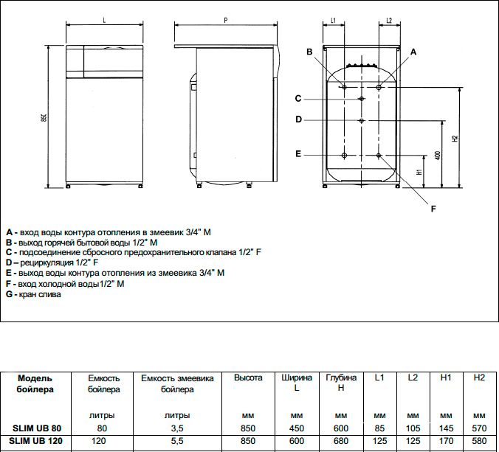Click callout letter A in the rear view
[x=413, y=52]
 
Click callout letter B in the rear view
[x=309, y=52]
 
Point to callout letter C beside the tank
[x=298, y=99]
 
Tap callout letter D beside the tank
[x=298, y=119]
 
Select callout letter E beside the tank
[x=298, y=154]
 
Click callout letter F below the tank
[x=433, y=209]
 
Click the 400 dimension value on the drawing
[x=438, y=156]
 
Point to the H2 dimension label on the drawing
[x=455, y=139]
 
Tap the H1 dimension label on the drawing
[x=419, y=172]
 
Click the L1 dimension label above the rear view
[x=333, y=21]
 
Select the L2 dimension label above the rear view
[x=389, y=21]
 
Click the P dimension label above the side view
[x=226, y=21]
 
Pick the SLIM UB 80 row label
[x=37, y=428]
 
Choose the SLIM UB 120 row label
[x=35, y=441]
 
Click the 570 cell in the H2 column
[x=479, y=428]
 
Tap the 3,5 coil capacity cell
[x=177, y=428]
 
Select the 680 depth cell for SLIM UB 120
[x=341, y=441]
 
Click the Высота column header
[x=248, y=378]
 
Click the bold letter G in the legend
[x=10, y=294]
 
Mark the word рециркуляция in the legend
[x=47, y=262]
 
